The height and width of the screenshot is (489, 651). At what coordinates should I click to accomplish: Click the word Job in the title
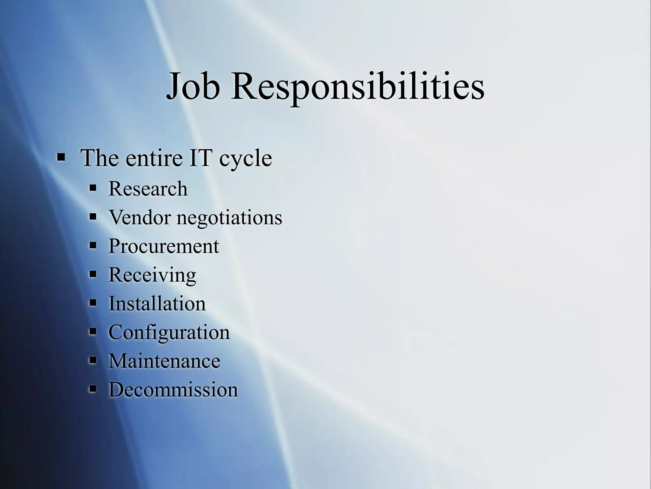coord(193,86)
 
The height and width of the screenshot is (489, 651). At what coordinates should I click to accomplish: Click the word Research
coord(148,188)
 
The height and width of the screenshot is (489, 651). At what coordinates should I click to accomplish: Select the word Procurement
coord(164,246)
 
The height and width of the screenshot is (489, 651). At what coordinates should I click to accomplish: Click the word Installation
coord(157,303)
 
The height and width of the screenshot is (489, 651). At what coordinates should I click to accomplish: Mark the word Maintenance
coord(164,361)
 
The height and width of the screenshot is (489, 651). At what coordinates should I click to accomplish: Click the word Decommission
coord(173,389)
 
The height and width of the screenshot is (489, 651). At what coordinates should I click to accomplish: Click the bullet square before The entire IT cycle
coord(61,157)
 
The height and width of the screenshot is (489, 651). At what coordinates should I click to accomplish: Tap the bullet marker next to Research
coord(93,188)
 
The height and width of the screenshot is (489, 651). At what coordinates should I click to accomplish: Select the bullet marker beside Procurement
coord(93,245)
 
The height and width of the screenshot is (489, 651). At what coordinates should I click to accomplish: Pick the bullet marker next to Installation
coord(93,303)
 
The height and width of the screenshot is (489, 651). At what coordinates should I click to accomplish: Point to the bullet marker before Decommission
coord(93,389)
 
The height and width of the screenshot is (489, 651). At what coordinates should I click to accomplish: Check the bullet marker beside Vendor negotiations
coord(93,217)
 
